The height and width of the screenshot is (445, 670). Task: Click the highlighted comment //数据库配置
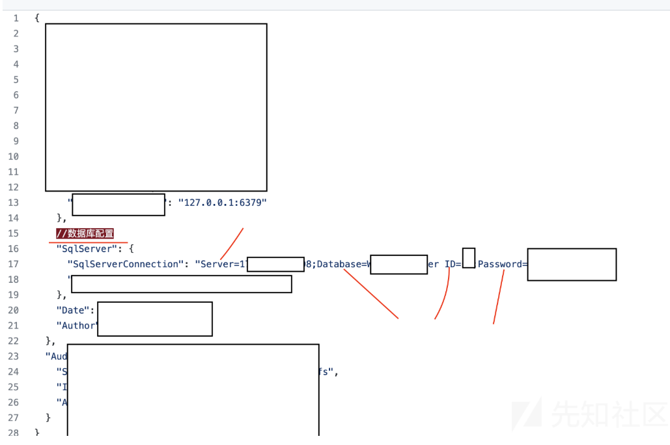pyautogui.click(x=85, y=233)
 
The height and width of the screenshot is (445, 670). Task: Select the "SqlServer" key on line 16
pyautogui.click(x=86, y=249)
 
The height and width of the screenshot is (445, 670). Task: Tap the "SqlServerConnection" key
pyautogui.click(x=126, y=264)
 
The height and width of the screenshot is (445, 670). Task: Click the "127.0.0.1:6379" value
pyautogui.click(x=223, y=203)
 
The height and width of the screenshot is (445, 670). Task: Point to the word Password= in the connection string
pyautogui.click(x=502, y=264)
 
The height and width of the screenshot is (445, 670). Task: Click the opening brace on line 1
pyautogui.click(x=37, y=18)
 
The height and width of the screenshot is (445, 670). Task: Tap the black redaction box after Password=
pyautogui.click(x=572, y=265)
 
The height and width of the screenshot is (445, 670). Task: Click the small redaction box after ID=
pyautogui.click(x=468, y=258)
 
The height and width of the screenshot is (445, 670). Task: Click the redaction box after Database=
pyautogui.click(x=398, y=265)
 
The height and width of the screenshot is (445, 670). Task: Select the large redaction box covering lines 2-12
pyautogui.click(x=156, y=108)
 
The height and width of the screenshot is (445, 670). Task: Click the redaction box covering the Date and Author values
pyautogui.click(x=155, y=319)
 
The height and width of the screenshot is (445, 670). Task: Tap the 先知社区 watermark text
pyautogui.click(x=609, y=412)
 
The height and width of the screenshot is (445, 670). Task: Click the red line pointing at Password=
pyautogui.click(x=498, y=296)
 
